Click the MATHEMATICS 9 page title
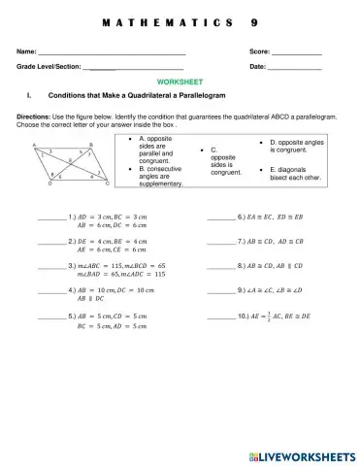click(180, 21)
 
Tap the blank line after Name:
click(112, 52)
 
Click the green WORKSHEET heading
click(180, 84)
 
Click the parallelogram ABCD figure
click(64, 161)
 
